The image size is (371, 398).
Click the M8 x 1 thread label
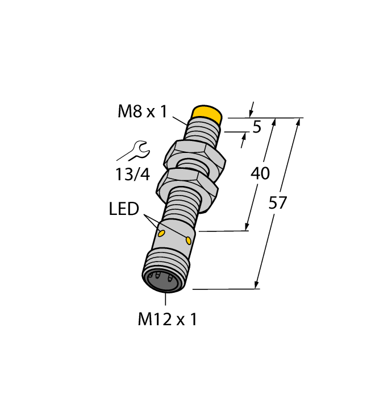tap(142, 111)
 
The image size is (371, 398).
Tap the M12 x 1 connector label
tap(168, 320)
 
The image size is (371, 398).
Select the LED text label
tap(124, 209)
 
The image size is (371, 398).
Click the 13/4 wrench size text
tap(132, 175)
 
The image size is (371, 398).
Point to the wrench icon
tap(134, 152)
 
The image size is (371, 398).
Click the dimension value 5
tap(256, 127)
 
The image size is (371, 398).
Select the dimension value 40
tap(260, 173)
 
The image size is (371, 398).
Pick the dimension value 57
tap(278, 203)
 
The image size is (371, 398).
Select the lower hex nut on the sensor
tap(187, 183)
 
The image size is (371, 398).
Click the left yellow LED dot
tap(161, 233)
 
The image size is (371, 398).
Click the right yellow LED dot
tap(187, 241)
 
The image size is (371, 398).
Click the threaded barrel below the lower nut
tap(182, 208)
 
